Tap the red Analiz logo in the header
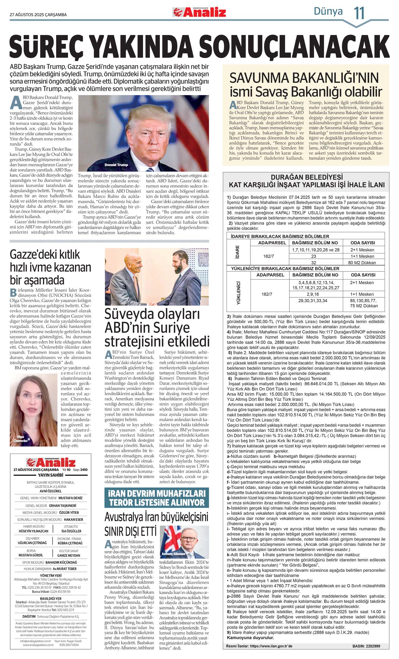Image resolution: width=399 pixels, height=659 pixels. point(199,12)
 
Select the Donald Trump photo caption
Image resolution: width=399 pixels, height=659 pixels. point(116,165)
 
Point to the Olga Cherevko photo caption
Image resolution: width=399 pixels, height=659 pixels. point(20,439)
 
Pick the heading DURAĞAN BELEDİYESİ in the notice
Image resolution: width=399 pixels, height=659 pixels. point(307,177)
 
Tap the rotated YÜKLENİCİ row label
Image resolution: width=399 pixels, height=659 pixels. point(238,293)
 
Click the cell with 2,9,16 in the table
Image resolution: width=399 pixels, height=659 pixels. point(312,294)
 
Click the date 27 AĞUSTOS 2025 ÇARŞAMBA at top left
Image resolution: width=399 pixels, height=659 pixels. point(38,15)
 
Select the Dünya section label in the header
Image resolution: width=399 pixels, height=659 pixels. point(328,11)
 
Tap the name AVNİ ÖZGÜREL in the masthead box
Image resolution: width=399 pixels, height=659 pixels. point(51,491)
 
